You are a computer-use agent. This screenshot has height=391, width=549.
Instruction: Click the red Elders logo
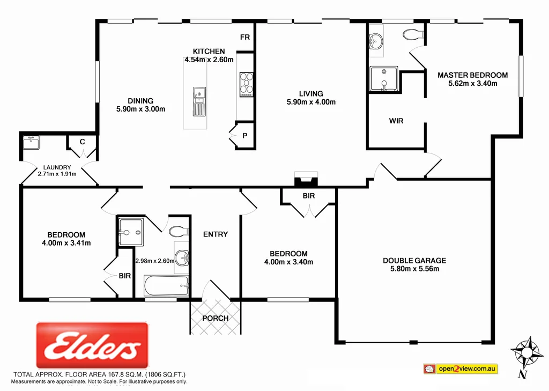(92, 345)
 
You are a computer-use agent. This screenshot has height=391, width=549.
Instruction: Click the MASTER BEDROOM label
(472, 75)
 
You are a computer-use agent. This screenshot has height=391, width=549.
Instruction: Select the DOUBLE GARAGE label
(414, 261)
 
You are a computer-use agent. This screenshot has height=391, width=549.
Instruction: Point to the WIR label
(396, 121)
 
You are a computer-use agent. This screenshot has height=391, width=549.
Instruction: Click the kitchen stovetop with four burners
(246, 84)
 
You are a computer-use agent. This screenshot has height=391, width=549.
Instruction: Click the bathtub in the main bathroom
(166, 286)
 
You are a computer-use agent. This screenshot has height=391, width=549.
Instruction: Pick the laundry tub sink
(30, 143)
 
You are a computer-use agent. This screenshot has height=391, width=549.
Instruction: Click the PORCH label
(215, 318)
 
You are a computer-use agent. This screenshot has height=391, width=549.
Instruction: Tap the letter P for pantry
(244, 135)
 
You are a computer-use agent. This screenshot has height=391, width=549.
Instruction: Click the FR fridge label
(245, 37)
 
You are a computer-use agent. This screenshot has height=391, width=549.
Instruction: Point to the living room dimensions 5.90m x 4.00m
(311, 102)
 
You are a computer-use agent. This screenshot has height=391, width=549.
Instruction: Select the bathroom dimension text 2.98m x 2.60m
(154, 261)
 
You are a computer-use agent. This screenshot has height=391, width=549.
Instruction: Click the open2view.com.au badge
(460, 369)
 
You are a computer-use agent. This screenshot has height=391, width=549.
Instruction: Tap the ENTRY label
(216, 234)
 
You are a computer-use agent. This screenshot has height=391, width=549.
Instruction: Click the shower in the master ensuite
(384, 79)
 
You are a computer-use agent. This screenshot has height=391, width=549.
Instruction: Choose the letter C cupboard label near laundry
(83, 142)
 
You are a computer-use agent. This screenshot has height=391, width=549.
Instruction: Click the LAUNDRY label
(57, 167)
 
